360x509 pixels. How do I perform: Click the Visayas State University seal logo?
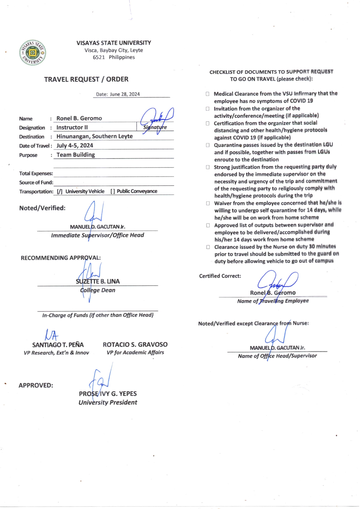tap(33, 53)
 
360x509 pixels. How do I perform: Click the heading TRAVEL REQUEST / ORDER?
tap(86, 79)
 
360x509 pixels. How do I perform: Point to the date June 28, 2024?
tap(125, 94)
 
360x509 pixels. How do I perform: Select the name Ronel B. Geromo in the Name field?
tap(79, 118)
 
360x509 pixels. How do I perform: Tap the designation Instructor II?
tap(72, 127)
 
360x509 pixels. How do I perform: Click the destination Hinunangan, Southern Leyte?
tap(94, 136)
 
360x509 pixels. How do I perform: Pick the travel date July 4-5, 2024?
tap(75, 145)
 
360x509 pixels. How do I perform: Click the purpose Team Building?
tap(75, 155)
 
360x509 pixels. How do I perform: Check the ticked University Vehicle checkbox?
tap(60, 191)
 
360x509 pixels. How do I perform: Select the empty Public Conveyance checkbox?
tap(113, 191)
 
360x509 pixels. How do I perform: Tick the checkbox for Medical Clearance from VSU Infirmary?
tap(208, 94)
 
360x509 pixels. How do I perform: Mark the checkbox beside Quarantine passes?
tap(208, 145)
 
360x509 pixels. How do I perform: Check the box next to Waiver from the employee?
tap(208, 203)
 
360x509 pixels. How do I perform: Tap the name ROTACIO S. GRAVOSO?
tap(135, 345)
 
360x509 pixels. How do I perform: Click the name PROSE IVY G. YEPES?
tap(108, 394)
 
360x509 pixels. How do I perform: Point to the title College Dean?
tap(98, 290)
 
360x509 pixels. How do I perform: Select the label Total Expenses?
tap(36, 173)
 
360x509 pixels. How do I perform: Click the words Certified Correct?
tap(220, 276)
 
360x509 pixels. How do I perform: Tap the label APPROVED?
tap(36, 385)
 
